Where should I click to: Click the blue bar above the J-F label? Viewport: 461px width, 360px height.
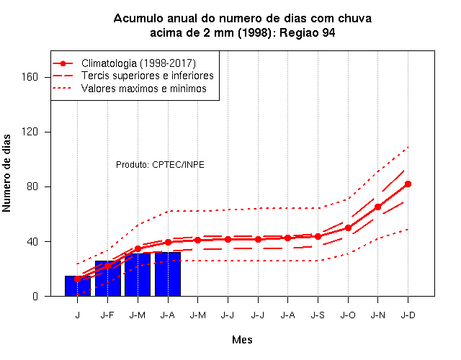click(x=108, y=279)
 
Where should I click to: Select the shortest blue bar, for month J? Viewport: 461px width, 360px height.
click(x=78, y=286)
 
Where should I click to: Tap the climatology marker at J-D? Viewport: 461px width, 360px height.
click(x=408, y=184)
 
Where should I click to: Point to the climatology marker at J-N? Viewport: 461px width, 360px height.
click(x=377, y=207)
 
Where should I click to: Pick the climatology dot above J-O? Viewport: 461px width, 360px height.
click(x=348, y=228)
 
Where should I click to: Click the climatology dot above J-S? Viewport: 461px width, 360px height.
click(x=318, y=236)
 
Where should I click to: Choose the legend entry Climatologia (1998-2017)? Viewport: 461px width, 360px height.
click(x=138, y=63)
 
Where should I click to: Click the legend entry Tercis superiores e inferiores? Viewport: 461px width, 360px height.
click(x=147, y=76)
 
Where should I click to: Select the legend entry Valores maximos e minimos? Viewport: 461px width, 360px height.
click(x=144, y=89)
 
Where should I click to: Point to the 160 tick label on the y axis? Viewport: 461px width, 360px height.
click(x=30, y=77)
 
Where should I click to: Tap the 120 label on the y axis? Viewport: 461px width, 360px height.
click(x=30, y=132)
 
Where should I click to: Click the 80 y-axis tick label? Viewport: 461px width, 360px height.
click(x=32, y=186)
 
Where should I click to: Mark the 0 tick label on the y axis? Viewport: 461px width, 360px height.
click(x=35, y=296)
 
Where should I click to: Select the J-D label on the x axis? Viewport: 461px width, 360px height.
click(x=408, y=315)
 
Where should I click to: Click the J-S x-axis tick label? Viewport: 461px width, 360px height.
click(x=318, y=315)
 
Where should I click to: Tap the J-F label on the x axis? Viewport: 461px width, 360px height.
click(x=107, y=315)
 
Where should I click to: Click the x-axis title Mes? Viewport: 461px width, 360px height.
click(x=242, y=340)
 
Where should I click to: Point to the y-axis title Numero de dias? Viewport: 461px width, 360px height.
click(x=6, y=173)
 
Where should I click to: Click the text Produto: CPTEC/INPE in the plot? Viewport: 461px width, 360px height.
click(x=160, y=165)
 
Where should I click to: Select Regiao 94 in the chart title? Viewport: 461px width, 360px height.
click(x=308, y=32)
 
